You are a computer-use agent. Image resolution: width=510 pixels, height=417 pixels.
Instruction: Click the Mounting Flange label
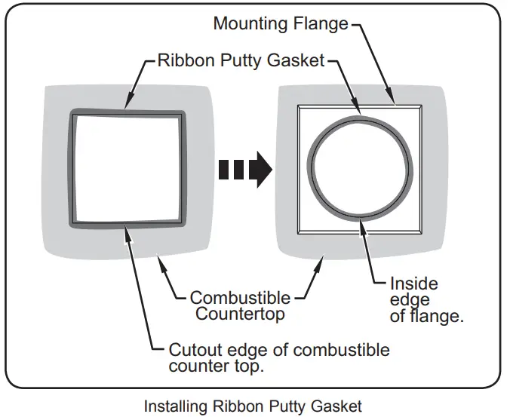(281, 24)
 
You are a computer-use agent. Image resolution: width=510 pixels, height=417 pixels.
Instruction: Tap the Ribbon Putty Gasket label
(241, 60)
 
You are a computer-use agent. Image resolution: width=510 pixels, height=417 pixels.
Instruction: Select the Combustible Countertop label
(240, 306)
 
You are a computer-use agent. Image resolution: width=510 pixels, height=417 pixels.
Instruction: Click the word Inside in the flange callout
(414, 284)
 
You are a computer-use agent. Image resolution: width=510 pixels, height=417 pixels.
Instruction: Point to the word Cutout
(195, 350)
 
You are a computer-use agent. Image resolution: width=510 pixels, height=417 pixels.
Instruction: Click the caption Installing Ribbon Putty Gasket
(253, 406)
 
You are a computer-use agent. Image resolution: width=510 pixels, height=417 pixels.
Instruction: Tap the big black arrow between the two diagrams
(245, 170)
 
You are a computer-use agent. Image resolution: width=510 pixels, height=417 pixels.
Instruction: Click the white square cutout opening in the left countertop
(127, 167)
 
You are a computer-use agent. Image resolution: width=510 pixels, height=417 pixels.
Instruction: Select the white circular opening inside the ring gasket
(361, 168)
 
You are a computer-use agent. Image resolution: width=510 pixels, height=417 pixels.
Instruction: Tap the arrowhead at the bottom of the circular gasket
(363, 228)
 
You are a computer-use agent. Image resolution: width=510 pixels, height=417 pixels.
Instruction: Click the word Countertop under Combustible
(240, 314)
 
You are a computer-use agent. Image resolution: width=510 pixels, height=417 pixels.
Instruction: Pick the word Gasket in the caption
(336, 406)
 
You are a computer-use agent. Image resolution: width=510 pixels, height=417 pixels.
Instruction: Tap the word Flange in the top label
(321, 24)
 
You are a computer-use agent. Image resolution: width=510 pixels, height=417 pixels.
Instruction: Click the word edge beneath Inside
(410, 300)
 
